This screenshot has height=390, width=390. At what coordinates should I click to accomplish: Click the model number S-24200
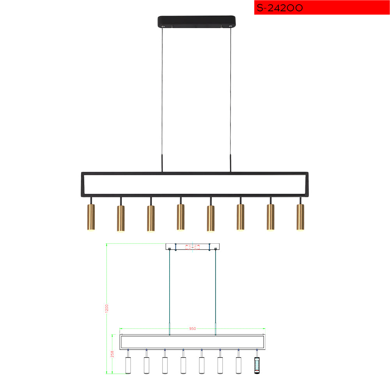pyautogui.click(x=280, y=8)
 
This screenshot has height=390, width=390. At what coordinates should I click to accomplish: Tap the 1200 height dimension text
pyautogui.click(x=107, y=308)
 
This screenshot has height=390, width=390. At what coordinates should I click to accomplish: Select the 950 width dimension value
pyautogui.click(x=193, y=328)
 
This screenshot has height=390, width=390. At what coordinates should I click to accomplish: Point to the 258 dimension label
pyautogui.click(x=112, y=354)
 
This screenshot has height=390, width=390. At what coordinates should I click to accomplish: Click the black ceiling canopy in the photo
pyautogui.click(x=197, y=21)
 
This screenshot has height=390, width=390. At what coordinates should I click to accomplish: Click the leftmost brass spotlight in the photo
pyautogui.click(x=91, y=217)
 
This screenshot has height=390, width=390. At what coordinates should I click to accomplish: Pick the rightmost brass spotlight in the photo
pyautogui.click(x=300, y=217)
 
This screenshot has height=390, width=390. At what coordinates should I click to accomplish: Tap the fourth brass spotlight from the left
pyautogui.click(x=181, y=217)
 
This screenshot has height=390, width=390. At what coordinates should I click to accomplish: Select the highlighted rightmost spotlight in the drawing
pyautogui.click(x=257, y=365)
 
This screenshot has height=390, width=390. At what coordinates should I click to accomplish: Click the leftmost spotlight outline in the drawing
pyautogui.click(x=128, y=365)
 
